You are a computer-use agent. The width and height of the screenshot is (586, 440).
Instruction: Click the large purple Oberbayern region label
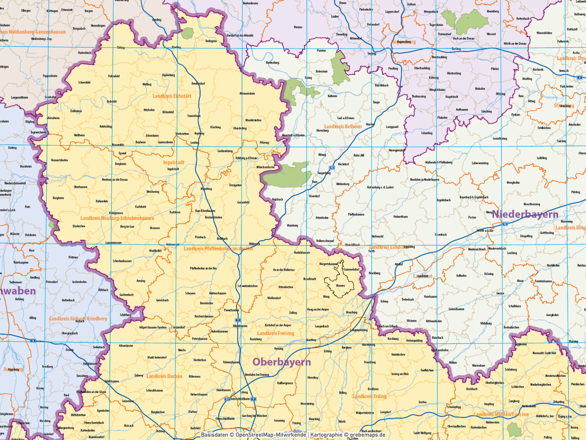(282, 362)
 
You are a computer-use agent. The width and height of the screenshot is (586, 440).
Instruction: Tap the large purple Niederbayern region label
(525, 214)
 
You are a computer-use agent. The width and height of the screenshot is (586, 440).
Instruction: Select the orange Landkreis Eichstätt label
(172, 96)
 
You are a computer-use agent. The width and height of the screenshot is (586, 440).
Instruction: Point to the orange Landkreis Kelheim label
(343, 126)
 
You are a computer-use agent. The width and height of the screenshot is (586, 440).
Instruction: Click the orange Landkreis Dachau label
(164, 376)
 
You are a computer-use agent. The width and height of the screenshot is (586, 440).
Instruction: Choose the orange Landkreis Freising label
(275, 333)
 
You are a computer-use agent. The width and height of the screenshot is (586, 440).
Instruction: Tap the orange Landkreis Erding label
(369, 396)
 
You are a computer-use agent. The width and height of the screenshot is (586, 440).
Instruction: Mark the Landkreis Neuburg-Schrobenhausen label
(117, 218)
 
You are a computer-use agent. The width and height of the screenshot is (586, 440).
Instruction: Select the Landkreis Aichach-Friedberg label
(78, 319)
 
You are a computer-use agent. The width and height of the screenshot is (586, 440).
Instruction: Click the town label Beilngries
(211, 41)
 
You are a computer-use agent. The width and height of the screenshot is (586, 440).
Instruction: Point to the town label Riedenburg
(272, 63)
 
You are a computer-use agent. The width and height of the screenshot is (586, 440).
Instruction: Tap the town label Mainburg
(292, 225)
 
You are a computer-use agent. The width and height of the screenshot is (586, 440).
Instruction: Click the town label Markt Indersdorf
(157, 357)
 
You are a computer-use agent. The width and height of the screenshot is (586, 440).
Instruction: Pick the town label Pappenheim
(50, 76)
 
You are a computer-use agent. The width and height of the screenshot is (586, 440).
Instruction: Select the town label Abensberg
(322, 131)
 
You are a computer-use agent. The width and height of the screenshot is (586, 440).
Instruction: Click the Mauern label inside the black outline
(340, 286)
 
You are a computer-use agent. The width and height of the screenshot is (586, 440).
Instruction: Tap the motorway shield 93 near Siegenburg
(332, 168)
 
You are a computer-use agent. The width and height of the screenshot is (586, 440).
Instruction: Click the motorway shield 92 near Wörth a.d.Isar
(505, 224)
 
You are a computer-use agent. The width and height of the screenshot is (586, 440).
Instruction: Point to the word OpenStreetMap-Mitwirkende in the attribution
(270, 435)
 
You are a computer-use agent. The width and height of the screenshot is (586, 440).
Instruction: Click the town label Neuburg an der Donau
(114, 180)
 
